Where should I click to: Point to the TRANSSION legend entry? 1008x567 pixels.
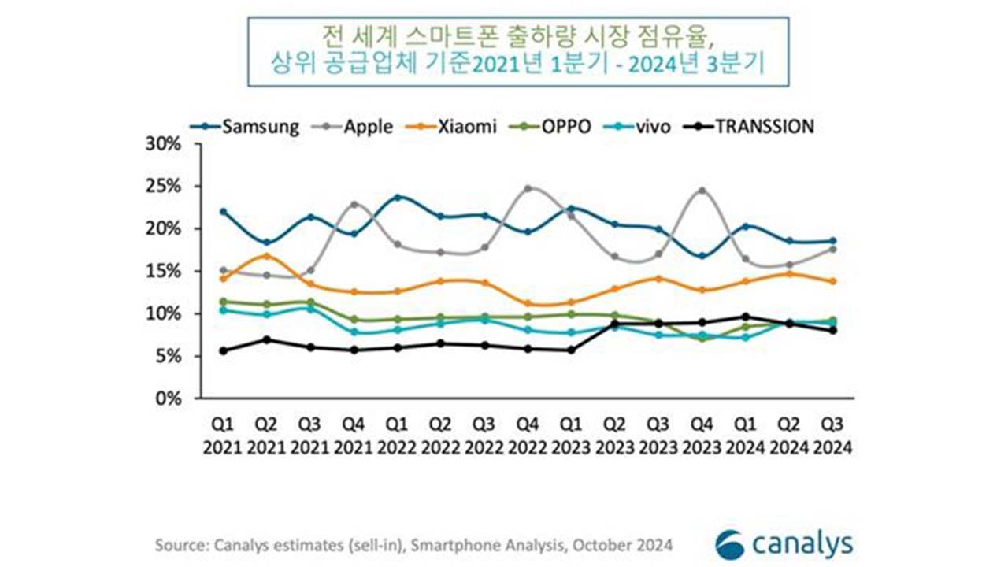pyautogui.click(x=753, y=126)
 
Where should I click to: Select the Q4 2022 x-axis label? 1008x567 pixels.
pyautogui.click(x=527, y=435)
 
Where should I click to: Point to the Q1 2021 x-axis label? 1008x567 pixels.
pyautogui.click(x=224, y=435)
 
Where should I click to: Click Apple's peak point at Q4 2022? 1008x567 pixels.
pyautogui.click(x=528, y=188)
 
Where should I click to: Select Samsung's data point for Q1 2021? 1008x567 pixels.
pyautogui.click(x=224, y=212)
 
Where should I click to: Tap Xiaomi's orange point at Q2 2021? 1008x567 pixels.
pyautogui.click(x=267, y=256)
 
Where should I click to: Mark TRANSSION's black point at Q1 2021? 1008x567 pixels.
pyautogui.click(x=224, y=350)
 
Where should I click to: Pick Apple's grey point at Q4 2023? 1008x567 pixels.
pyautogui.click(x=702, y=191)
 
